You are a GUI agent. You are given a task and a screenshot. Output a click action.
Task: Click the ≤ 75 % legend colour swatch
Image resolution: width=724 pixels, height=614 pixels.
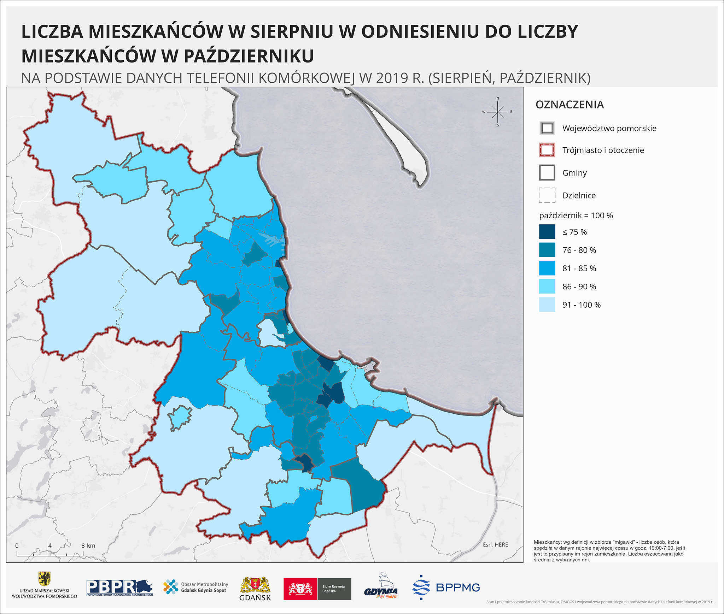547,232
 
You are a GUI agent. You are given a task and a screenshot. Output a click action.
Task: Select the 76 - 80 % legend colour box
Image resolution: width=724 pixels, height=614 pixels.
547,250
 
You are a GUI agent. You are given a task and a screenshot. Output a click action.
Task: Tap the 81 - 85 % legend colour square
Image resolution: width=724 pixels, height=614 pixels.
547,268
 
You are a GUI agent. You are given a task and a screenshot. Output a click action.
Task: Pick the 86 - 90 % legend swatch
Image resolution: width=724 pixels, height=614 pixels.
547,287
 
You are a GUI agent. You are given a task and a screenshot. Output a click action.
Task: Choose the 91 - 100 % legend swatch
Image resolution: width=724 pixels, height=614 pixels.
547,305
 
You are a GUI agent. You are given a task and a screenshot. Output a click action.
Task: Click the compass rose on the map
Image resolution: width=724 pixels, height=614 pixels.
498,112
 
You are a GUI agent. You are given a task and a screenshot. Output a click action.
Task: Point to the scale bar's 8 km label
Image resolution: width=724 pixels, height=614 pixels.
88,545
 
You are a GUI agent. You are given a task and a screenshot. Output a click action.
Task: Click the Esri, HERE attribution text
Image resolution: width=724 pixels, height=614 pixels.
495,544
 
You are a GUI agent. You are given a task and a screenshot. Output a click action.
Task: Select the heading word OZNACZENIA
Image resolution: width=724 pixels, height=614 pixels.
570,105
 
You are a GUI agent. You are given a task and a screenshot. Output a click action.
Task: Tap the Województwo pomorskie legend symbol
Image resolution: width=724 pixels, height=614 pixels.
547,128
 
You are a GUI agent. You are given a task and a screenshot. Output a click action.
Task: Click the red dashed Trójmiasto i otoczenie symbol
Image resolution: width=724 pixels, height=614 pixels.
547,150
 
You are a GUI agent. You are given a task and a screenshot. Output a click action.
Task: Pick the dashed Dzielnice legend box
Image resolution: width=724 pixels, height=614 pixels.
547,195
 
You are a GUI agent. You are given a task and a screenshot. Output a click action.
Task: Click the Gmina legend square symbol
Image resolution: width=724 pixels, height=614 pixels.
547,173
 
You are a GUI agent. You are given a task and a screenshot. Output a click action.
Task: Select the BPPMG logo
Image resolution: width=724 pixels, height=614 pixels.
446,588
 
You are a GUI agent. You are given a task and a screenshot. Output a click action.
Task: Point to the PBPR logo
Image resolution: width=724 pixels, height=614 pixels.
119,588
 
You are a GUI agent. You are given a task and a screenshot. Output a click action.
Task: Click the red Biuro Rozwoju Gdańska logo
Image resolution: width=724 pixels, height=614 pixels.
317,589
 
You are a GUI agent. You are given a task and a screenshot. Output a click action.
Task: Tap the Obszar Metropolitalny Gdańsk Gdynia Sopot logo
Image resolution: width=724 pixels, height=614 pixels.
195,587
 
